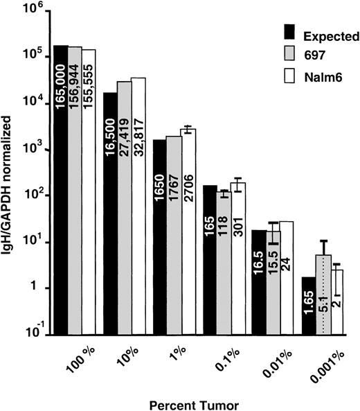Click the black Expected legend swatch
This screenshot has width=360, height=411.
291,31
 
